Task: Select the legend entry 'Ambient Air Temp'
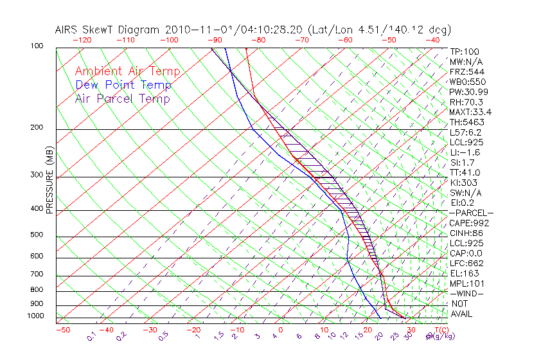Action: coord(128,71)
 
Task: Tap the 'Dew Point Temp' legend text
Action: coord(123,85)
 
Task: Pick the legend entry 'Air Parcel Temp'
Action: coord(123,98)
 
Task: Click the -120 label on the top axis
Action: coord(82,39)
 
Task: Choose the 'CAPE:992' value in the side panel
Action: coord(469,223)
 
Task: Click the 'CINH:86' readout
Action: coord(467,233)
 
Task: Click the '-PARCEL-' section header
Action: coord(471,213)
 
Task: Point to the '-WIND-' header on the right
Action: coord(467,293)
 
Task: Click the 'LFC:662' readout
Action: coord(467,263)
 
